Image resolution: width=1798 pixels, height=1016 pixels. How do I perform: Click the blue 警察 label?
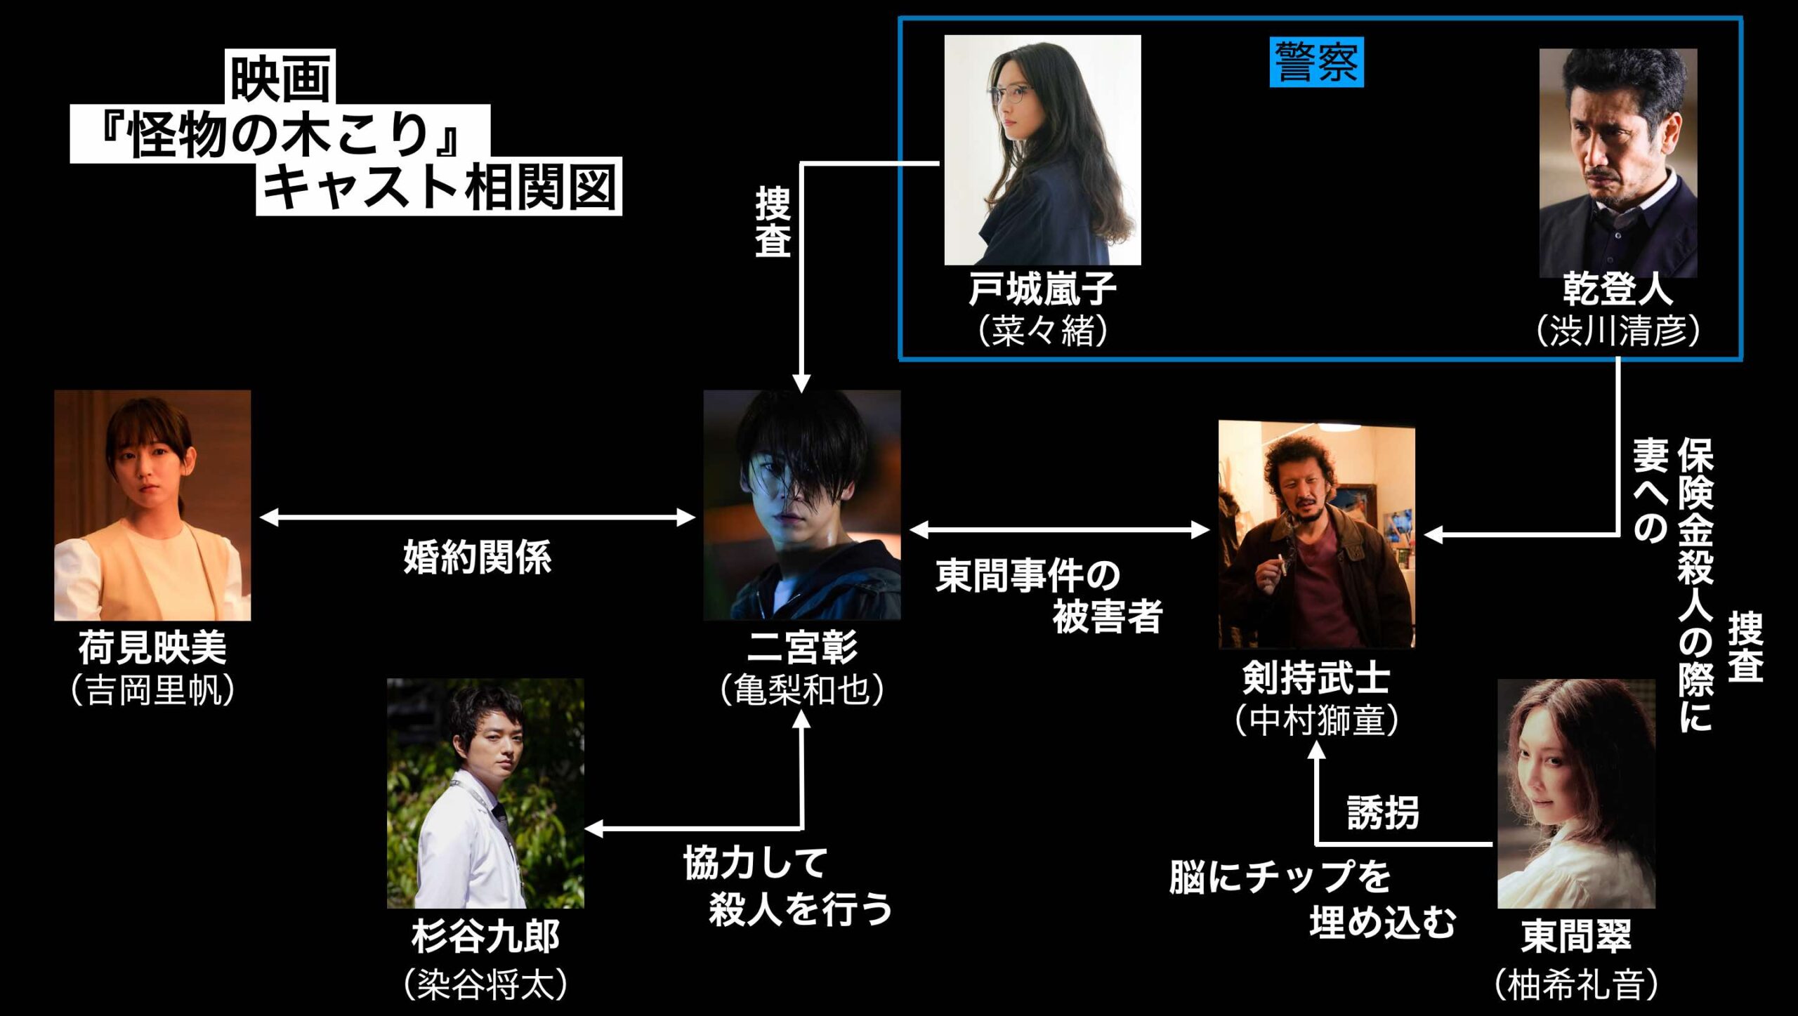tap(1316, 62)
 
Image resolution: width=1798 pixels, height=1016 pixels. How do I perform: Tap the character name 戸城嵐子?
tap(1042, 289)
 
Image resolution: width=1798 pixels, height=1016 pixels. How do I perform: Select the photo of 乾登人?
tap(1618, 163)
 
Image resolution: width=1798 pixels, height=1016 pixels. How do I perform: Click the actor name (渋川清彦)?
tap(1618, 331)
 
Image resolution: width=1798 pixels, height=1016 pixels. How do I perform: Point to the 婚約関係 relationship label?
tap(478, 558)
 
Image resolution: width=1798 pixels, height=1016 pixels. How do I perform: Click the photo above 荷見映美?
tap(152, 505)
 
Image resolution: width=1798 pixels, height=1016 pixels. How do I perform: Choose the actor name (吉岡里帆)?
tap(152, 690)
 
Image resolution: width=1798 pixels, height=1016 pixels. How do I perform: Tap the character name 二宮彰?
tap(802, 647)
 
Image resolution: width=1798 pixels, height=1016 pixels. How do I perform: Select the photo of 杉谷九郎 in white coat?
tap(485, 793)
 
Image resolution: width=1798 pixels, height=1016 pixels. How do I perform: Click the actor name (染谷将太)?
tap(485, 984)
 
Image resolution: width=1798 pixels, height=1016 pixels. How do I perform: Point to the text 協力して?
tap(756, 863)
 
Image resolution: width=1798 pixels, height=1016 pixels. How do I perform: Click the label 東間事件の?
tap(1028, 576)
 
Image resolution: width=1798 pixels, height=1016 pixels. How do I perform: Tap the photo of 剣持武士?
tap(1316, 534)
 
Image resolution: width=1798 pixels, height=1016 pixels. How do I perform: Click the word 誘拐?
tap(1382, 813)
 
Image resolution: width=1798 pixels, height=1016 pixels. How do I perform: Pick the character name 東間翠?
tap(1576, 936)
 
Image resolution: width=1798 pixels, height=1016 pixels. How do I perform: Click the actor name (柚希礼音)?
tap(1576, 984)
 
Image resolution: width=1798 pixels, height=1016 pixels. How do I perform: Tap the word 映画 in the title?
tap(280, 77)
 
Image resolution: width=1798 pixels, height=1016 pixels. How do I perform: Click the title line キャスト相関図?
tap(439, 187)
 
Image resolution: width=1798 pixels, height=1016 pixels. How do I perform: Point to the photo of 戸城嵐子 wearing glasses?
tap(1042, 150)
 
